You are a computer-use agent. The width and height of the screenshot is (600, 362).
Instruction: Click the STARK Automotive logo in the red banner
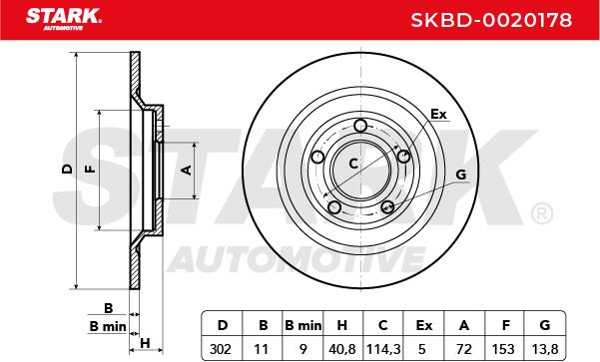64,19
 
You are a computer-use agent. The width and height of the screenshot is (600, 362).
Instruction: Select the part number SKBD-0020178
491,20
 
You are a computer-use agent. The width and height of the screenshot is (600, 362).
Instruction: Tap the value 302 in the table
221,349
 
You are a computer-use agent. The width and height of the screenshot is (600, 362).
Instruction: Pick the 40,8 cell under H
342,349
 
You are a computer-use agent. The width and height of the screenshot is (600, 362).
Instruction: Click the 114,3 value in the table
383,349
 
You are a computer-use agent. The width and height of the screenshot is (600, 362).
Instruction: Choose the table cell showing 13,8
545,349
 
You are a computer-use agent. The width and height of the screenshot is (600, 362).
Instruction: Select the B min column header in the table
303,325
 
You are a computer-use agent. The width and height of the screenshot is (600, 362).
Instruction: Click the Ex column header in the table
424,325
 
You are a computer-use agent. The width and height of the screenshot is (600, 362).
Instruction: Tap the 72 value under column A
464,349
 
